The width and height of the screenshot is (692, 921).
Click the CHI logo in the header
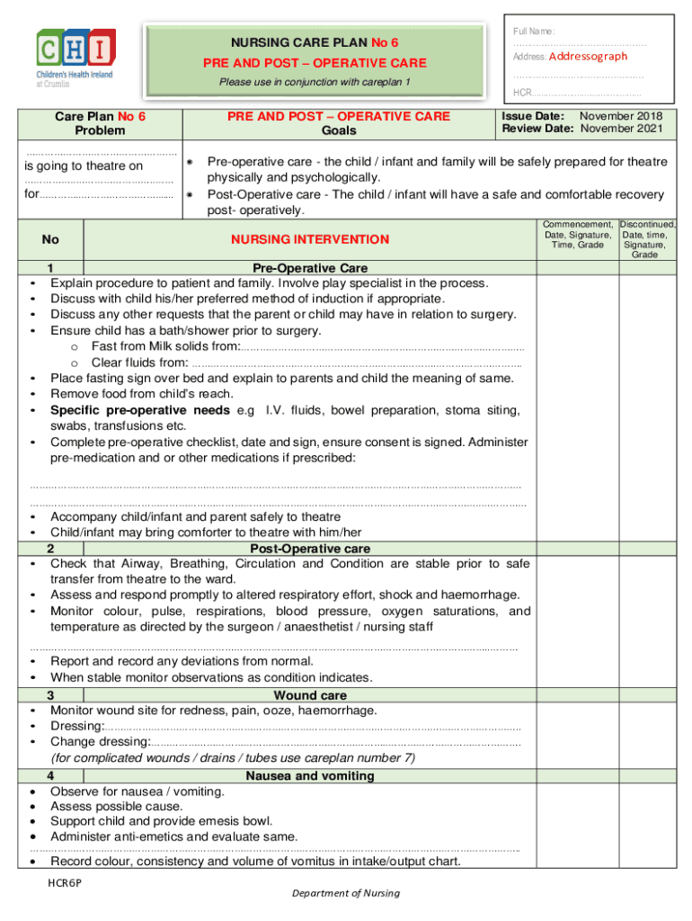(x=75, y=57)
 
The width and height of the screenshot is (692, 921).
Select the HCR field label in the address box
(x=521, y=94)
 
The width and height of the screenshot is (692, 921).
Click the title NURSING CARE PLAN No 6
(x=315, y=42)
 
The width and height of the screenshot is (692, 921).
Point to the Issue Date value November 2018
(x=621, y=116)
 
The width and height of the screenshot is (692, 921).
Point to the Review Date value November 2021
(x=621, y=129)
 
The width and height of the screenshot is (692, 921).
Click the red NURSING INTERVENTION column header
(x=310, y=239)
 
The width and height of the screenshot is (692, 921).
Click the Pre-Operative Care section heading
(x=310, y=269)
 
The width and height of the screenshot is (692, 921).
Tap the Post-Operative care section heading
(x=310, y=549)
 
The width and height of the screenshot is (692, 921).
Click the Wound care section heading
(x=310, y=695)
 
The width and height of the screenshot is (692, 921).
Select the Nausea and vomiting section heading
(x=310, y=775)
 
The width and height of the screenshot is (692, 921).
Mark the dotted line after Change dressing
(x=336, y=742)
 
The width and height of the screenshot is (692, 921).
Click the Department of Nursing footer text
(x=345, y=893)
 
